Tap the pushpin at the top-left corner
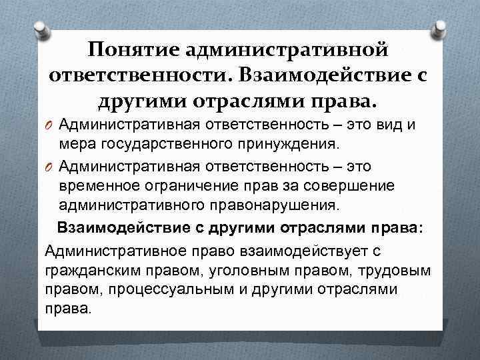[x=42, y=27]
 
